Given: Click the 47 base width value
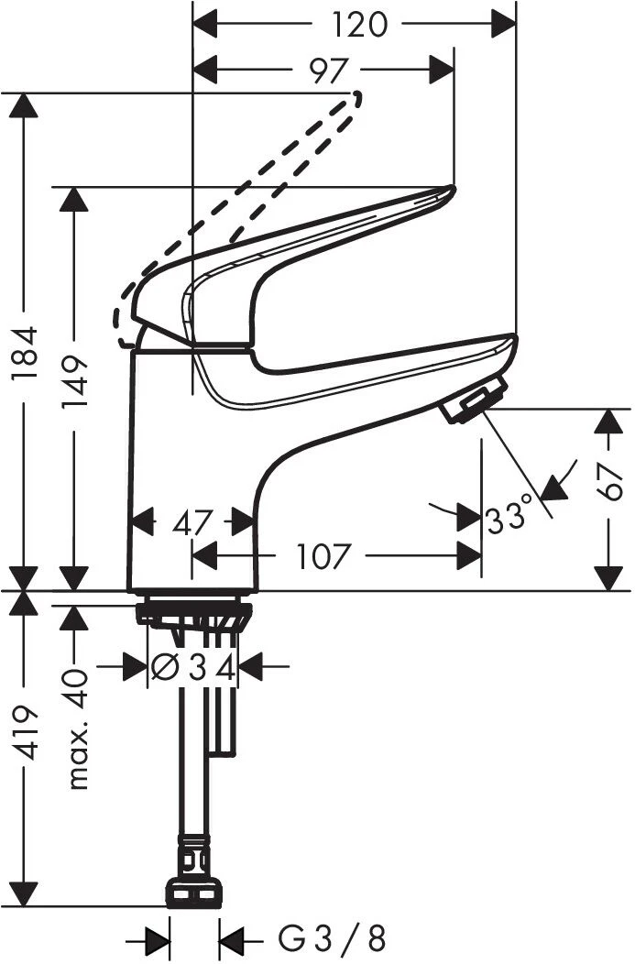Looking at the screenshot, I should tap(193, 523).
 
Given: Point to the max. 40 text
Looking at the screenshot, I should tap(78, 728).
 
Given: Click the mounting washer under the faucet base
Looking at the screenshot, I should tap(193, 612).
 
